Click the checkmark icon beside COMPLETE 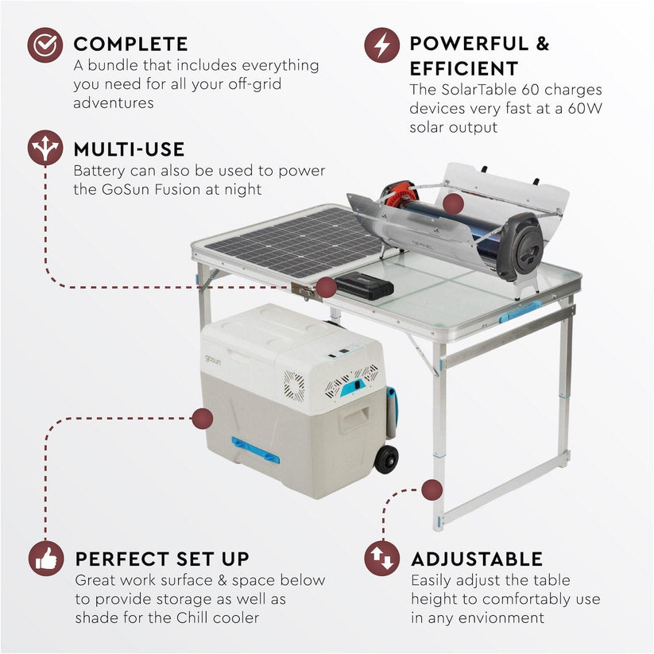[x=45, y=45]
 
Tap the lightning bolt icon [x=382, y=45]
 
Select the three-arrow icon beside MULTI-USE [x=45, y=148]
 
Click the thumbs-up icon [x=45, y=559]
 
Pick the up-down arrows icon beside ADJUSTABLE [x=382, y=559]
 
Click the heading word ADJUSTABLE [x=476, y=559]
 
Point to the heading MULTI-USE [x=129, y=149]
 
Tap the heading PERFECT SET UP [x=162, y=559]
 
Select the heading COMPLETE [x=130, y=45]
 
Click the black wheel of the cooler [x=386, y=459]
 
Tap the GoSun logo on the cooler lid [x=213, y=359]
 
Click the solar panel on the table [x=290, y=242]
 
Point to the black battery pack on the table [x=363, y=284]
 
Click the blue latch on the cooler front [x=254, y=449]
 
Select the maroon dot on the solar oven [x=453, y=204]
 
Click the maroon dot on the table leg [x=431, y=490]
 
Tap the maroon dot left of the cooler [x=202, y=418]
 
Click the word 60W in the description [x=583, y=109]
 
